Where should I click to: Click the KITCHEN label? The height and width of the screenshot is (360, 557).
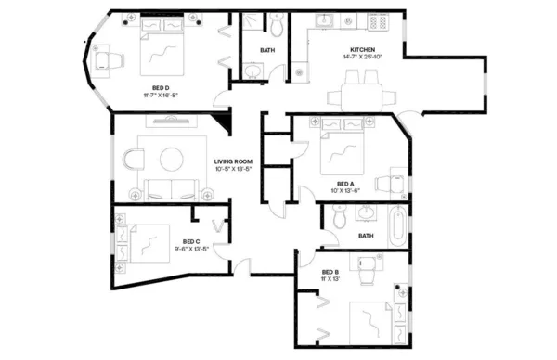[x=363, y=49]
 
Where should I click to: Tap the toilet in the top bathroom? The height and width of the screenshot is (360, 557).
[x=278, y=22]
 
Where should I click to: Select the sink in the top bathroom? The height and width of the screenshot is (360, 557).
[x=253, y=71]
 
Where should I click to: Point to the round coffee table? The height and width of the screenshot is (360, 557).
[x=172, y=160]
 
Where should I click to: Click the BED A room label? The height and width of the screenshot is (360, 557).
[x=345, y=183]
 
